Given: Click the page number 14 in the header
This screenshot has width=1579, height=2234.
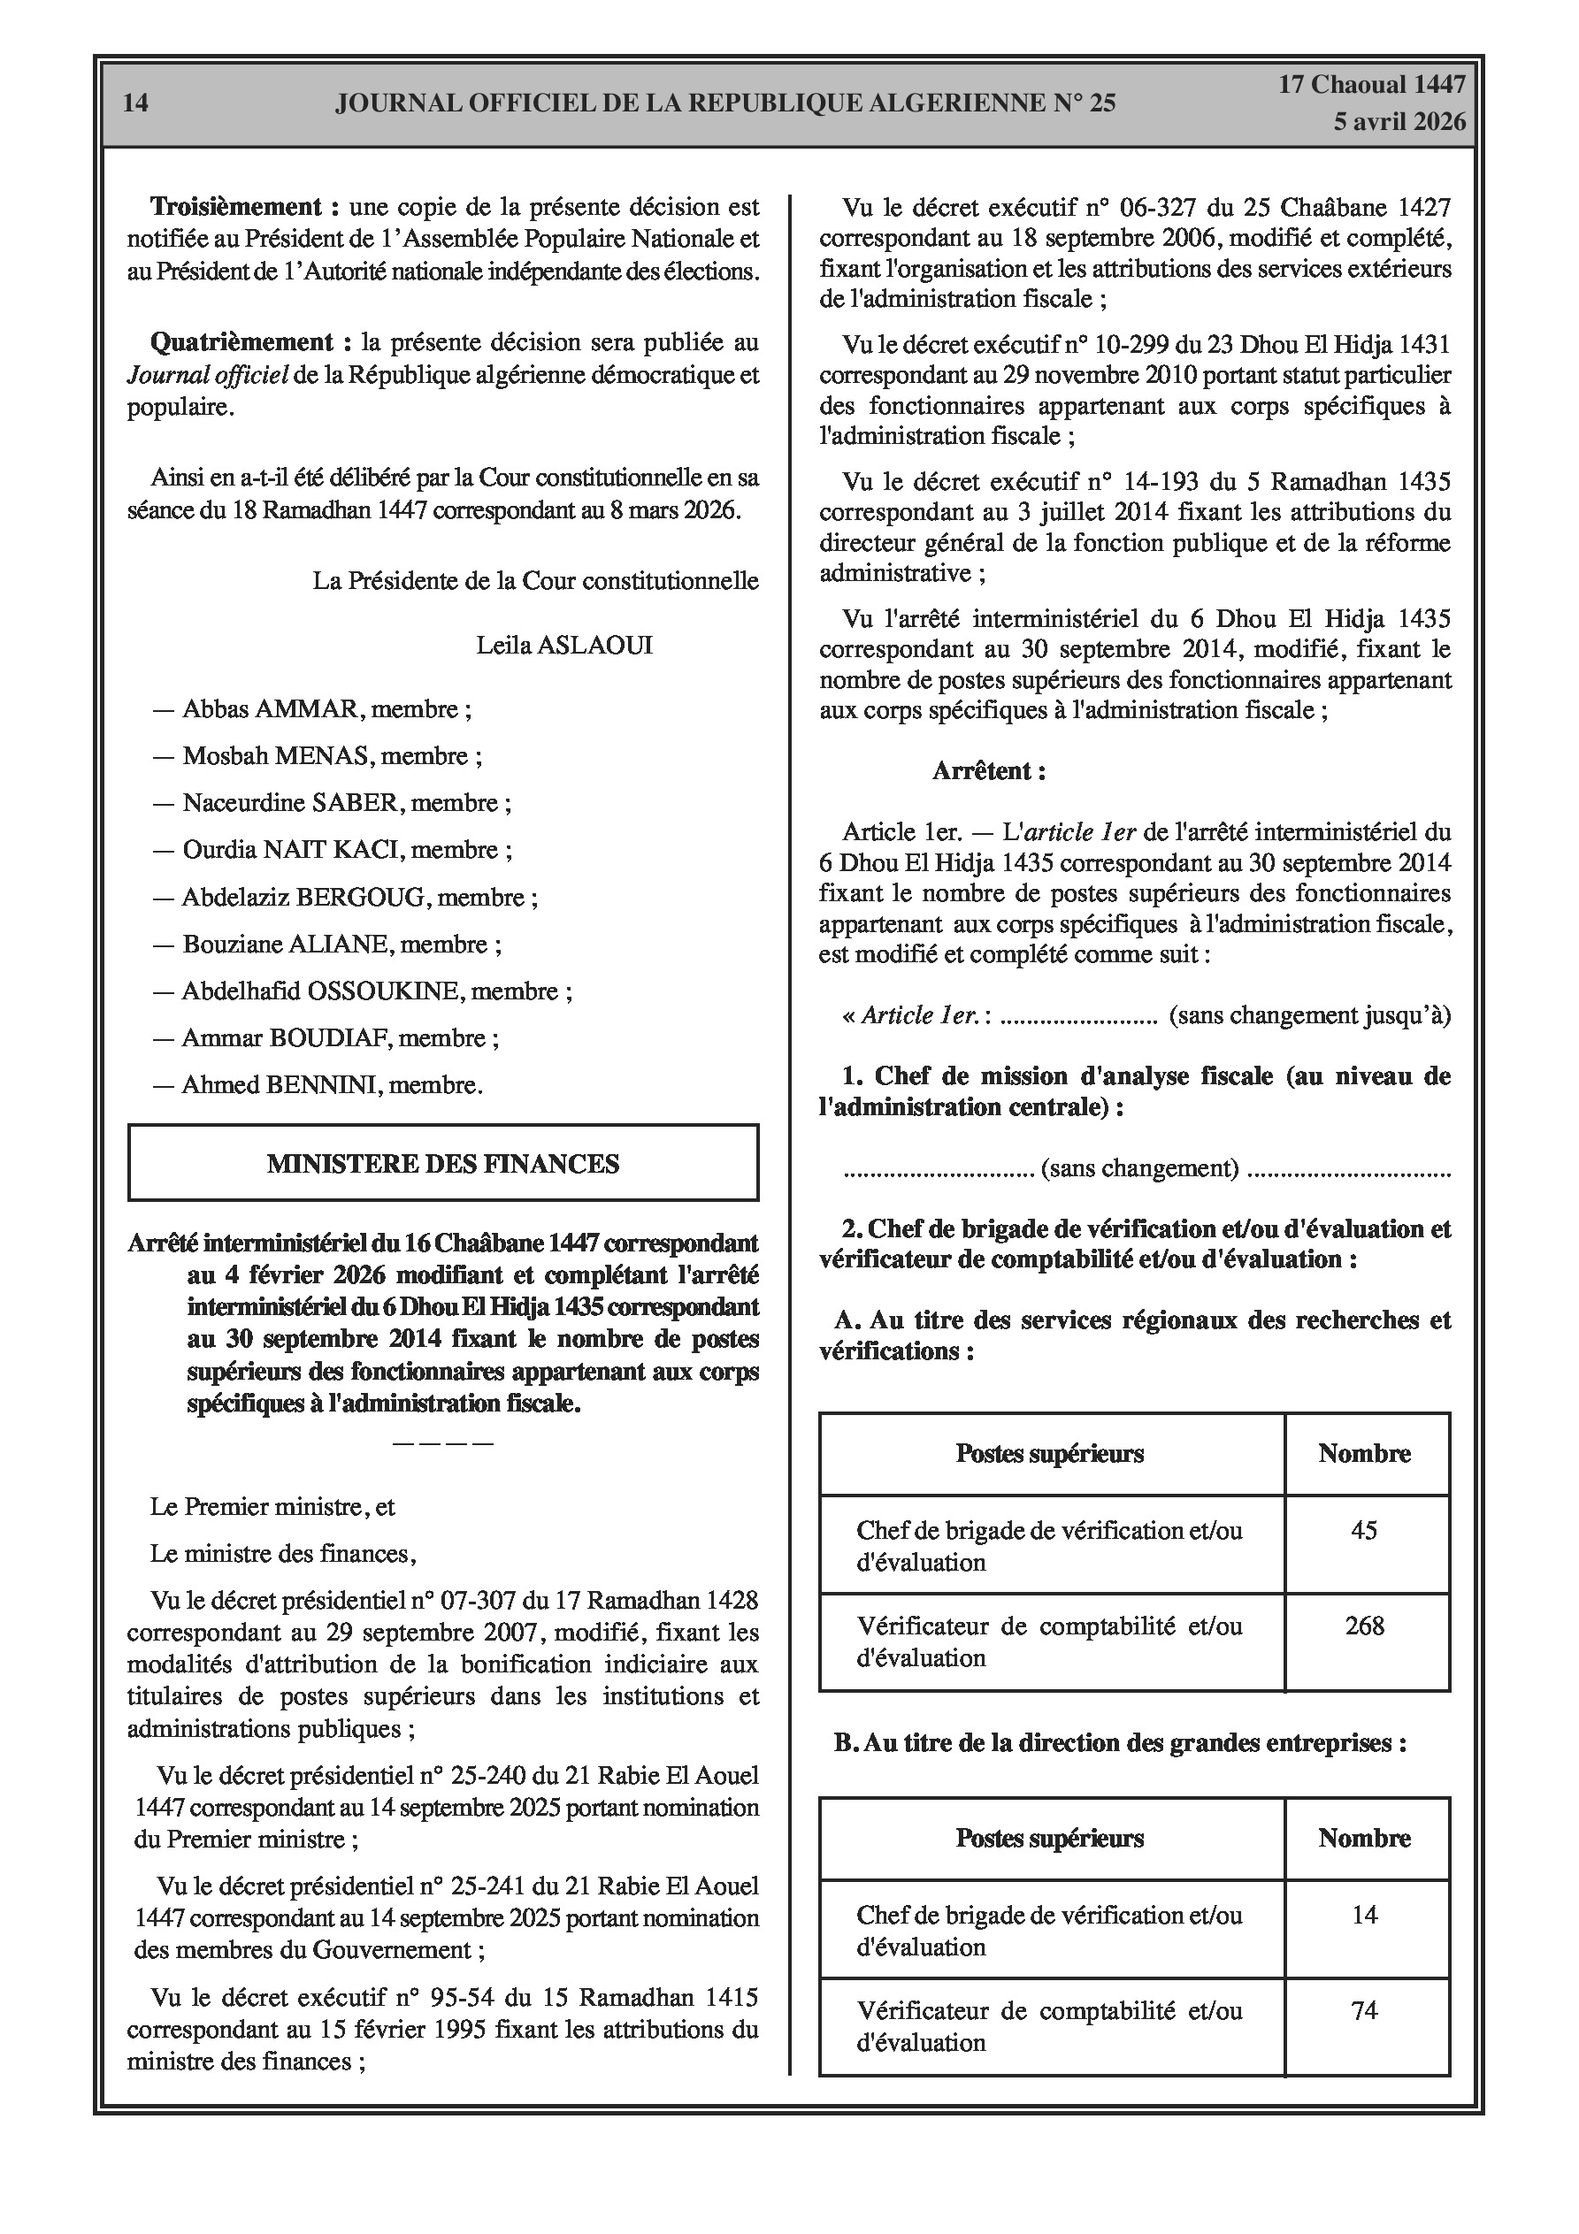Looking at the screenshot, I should pyautogui.click(x=136, y=103).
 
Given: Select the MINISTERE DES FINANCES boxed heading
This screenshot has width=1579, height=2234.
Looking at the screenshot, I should pyautogui.click(x=443, y=1164).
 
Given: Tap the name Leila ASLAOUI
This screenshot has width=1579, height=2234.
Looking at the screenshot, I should pyautogui.click(x=563, y=645).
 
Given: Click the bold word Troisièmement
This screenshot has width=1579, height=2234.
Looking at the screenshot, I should pyautogui.click(x=236, y=206).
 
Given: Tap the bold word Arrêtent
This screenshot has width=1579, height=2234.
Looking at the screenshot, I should pyautogui.click(x=988, y=771).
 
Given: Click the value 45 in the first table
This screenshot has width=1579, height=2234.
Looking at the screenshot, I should pyautogui.click(x=1364, y=1531).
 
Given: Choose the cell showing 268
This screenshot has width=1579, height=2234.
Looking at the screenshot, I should pyautogui.click(x=1364, y=1626).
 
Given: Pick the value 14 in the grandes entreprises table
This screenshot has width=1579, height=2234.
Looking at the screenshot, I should pyautogui.click(x=1364, y=1915).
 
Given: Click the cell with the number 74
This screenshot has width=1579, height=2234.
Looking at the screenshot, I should pyautogui.click(x=1364, y=2010).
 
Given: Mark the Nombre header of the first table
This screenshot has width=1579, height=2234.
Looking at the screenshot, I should pyautogui.click(x=1364, y=1454).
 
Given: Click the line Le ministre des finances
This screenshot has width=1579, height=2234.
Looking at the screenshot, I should pyautogui.click(x=282, y=1554).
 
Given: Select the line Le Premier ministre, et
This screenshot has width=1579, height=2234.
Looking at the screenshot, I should pyautogui.click(x=272, y=1507).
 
